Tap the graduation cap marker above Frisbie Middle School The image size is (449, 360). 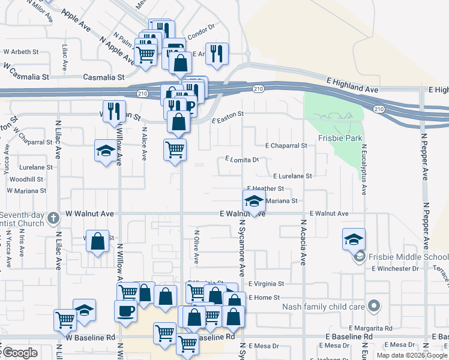(354, 239)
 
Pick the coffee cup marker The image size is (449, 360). (125, 311)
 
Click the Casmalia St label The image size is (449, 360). (103, 77)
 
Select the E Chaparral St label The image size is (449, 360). (286, 145)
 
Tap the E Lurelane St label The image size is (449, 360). (292, 176)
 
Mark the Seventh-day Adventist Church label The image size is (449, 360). (22, 219)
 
